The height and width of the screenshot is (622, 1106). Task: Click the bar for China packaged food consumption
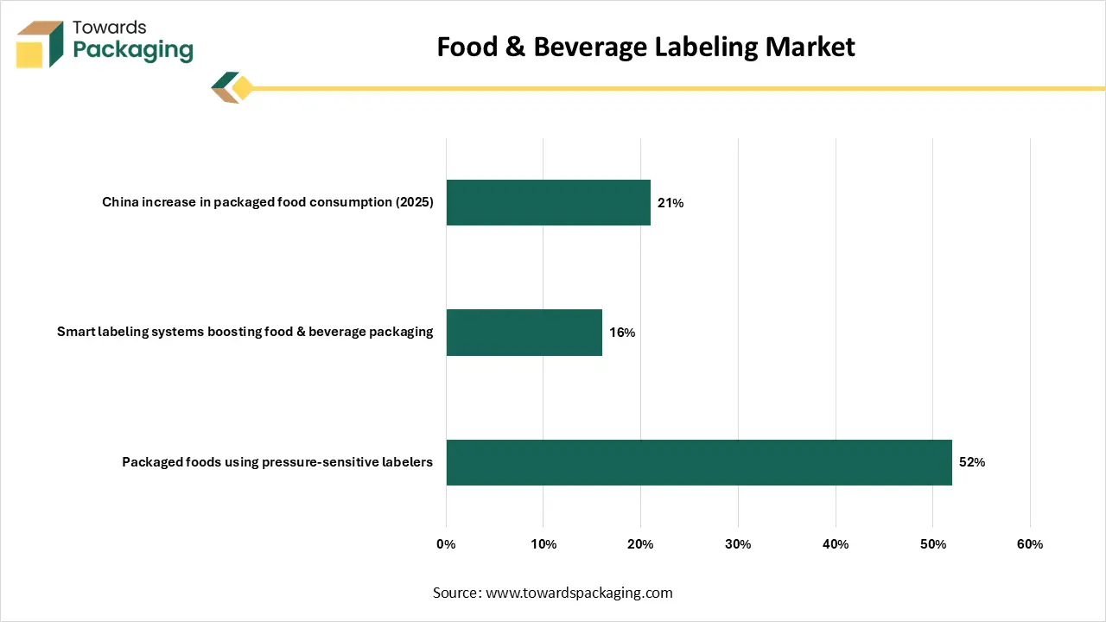[548, 202]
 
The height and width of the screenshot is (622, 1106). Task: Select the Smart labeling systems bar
[524, 333]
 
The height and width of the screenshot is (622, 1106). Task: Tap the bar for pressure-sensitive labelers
[698, 462]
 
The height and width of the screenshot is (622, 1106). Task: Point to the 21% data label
[671, 203]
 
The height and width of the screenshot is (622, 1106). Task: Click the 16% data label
[622, 333]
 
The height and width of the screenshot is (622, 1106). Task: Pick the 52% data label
[972, 462]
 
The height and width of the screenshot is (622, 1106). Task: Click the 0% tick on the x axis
[446, 544]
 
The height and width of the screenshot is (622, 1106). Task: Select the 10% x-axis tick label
[543, 544]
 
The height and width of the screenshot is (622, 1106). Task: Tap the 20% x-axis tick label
[640, 544]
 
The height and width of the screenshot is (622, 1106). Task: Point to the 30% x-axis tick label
[738, 544]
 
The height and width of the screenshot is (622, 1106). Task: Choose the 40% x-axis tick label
[836, 544]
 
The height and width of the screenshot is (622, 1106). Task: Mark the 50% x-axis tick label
[932, 544]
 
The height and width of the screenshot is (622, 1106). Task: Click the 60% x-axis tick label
[1030, 544]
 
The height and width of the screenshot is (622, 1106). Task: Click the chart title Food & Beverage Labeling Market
[645, 47]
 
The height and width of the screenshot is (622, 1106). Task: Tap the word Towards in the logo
[110, 27]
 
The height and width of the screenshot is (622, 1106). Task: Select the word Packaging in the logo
[133, 50]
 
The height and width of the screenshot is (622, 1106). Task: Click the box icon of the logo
[40, 44]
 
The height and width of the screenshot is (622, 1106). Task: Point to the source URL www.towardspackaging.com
[579, 593]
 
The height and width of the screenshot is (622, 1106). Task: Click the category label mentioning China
[268, 203]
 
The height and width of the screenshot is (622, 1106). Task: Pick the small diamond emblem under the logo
[231, 88]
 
